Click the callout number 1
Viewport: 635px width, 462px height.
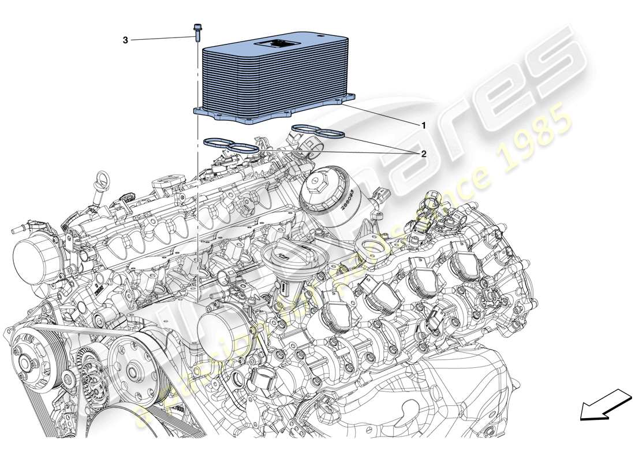click(424, 125)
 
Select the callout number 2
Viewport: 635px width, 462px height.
click(424, 154)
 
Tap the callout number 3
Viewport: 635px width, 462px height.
click(125, 40)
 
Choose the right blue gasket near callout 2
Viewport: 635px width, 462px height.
click(317, 131)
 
